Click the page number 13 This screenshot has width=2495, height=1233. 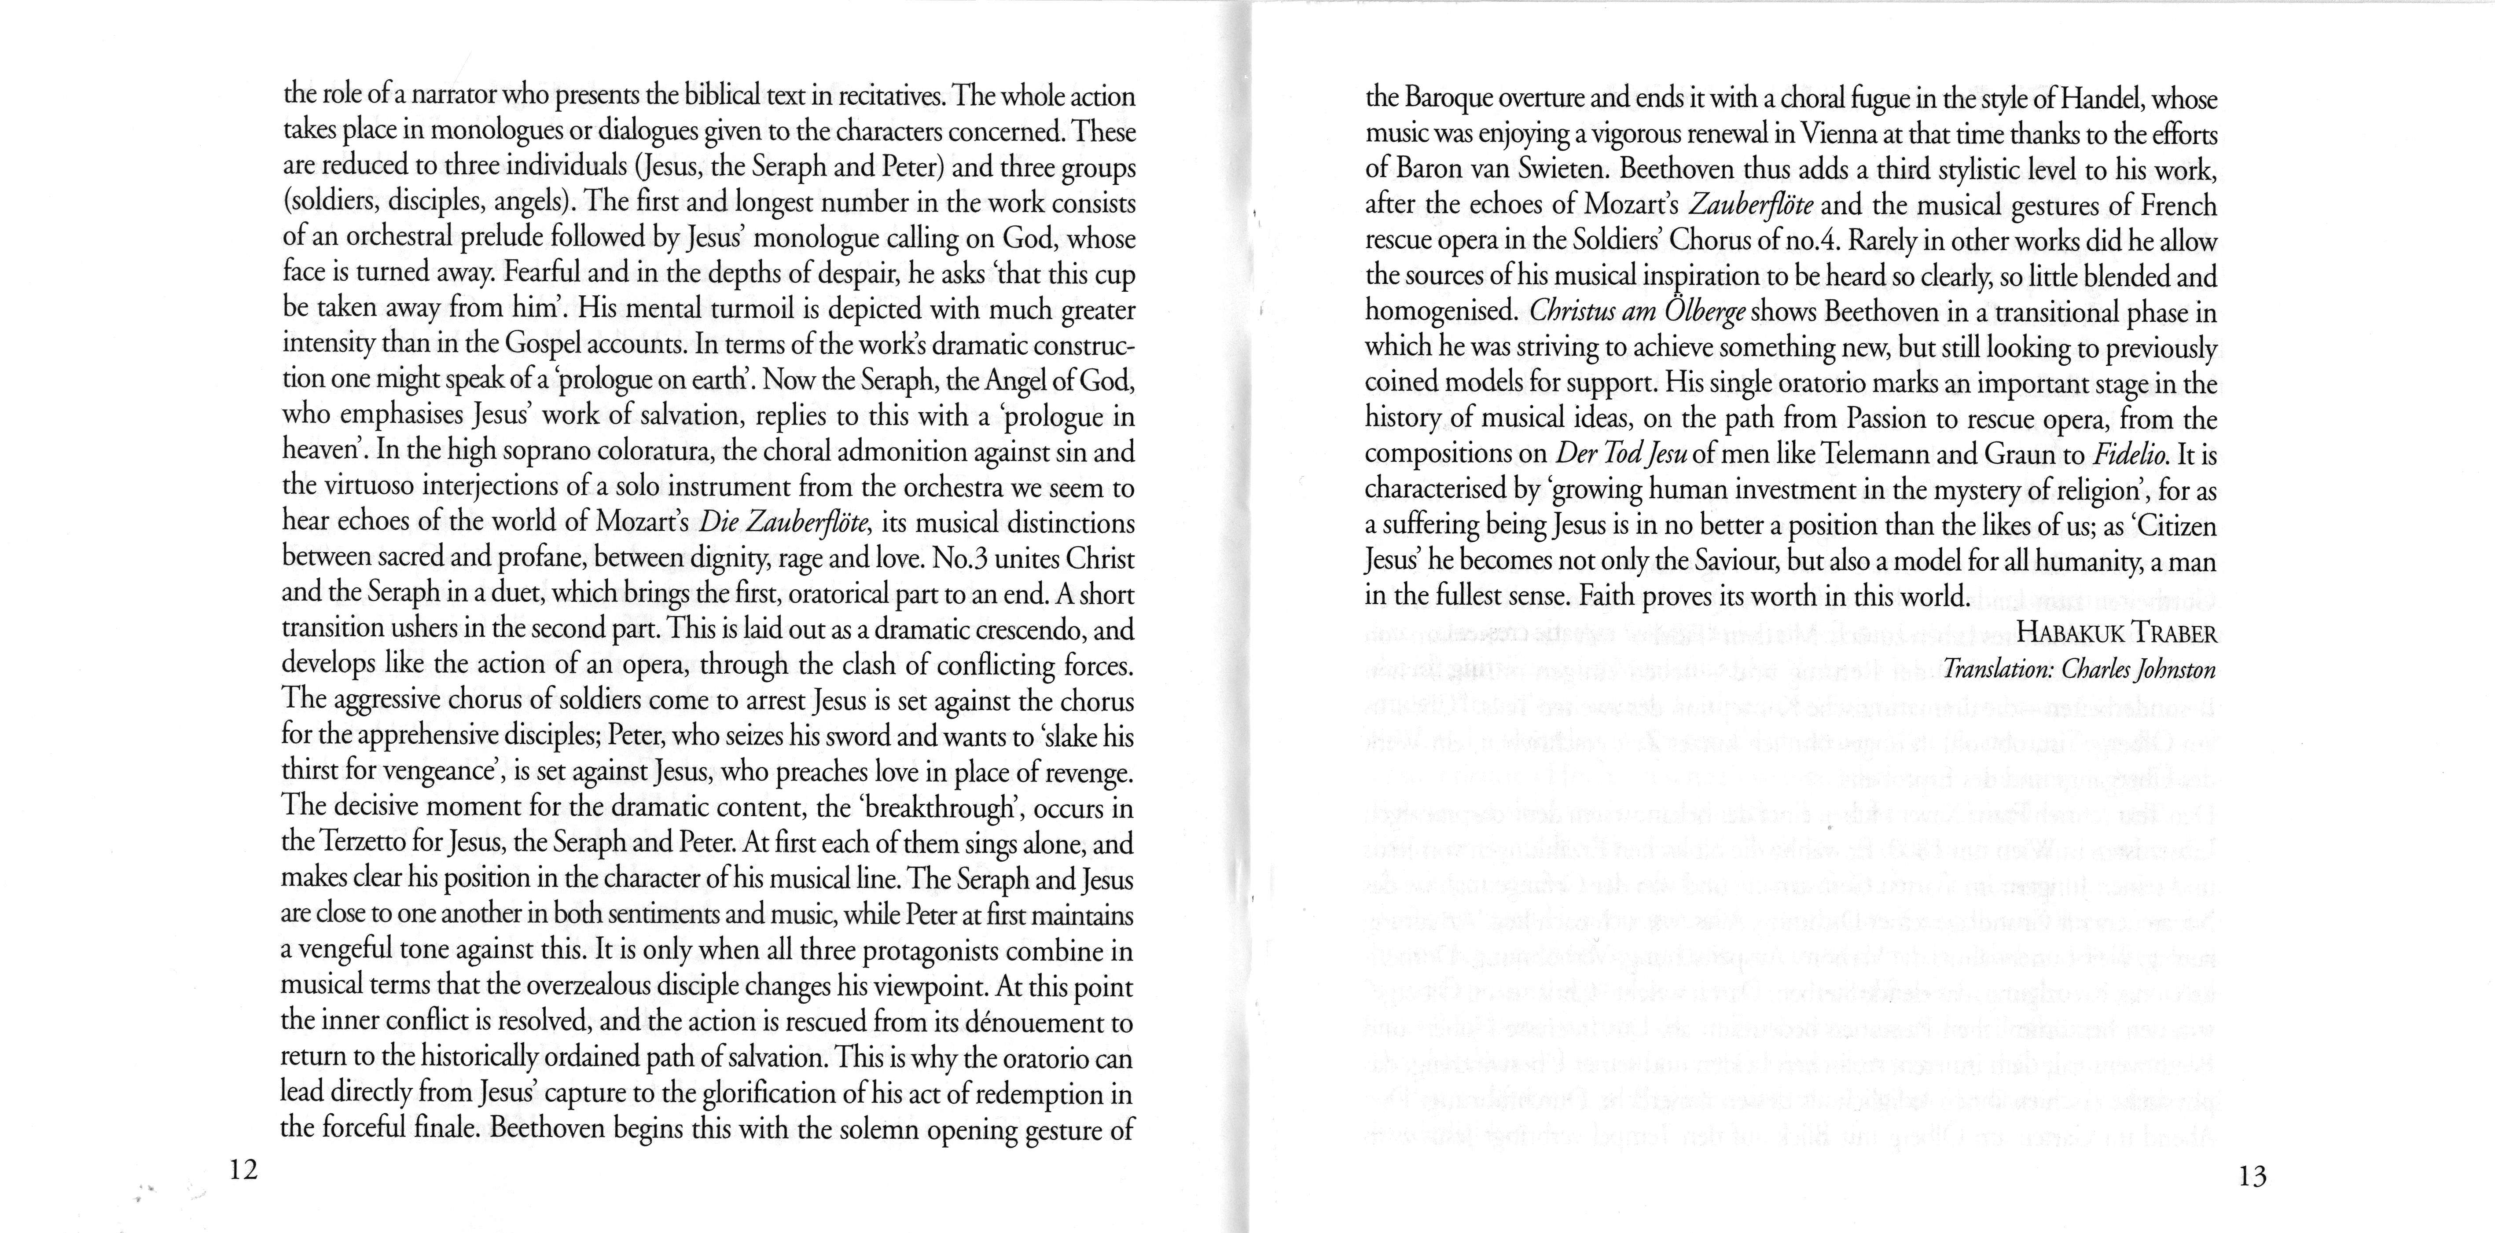click(x=2253, y=1177)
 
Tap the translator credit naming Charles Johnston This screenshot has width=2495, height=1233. click(x=2080, y=669)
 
